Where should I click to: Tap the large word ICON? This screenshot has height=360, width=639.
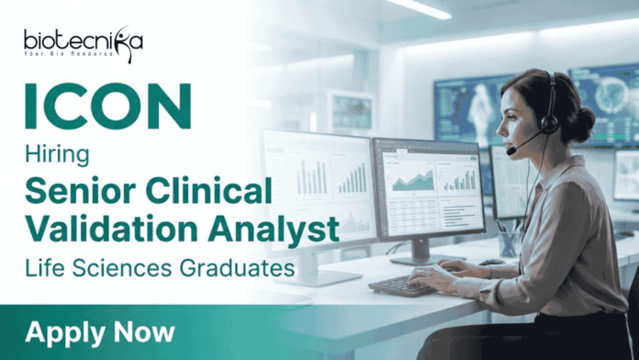(x=107, y=108)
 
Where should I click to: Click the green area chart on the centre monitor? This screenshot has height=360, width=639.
(x=411, y=180)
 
